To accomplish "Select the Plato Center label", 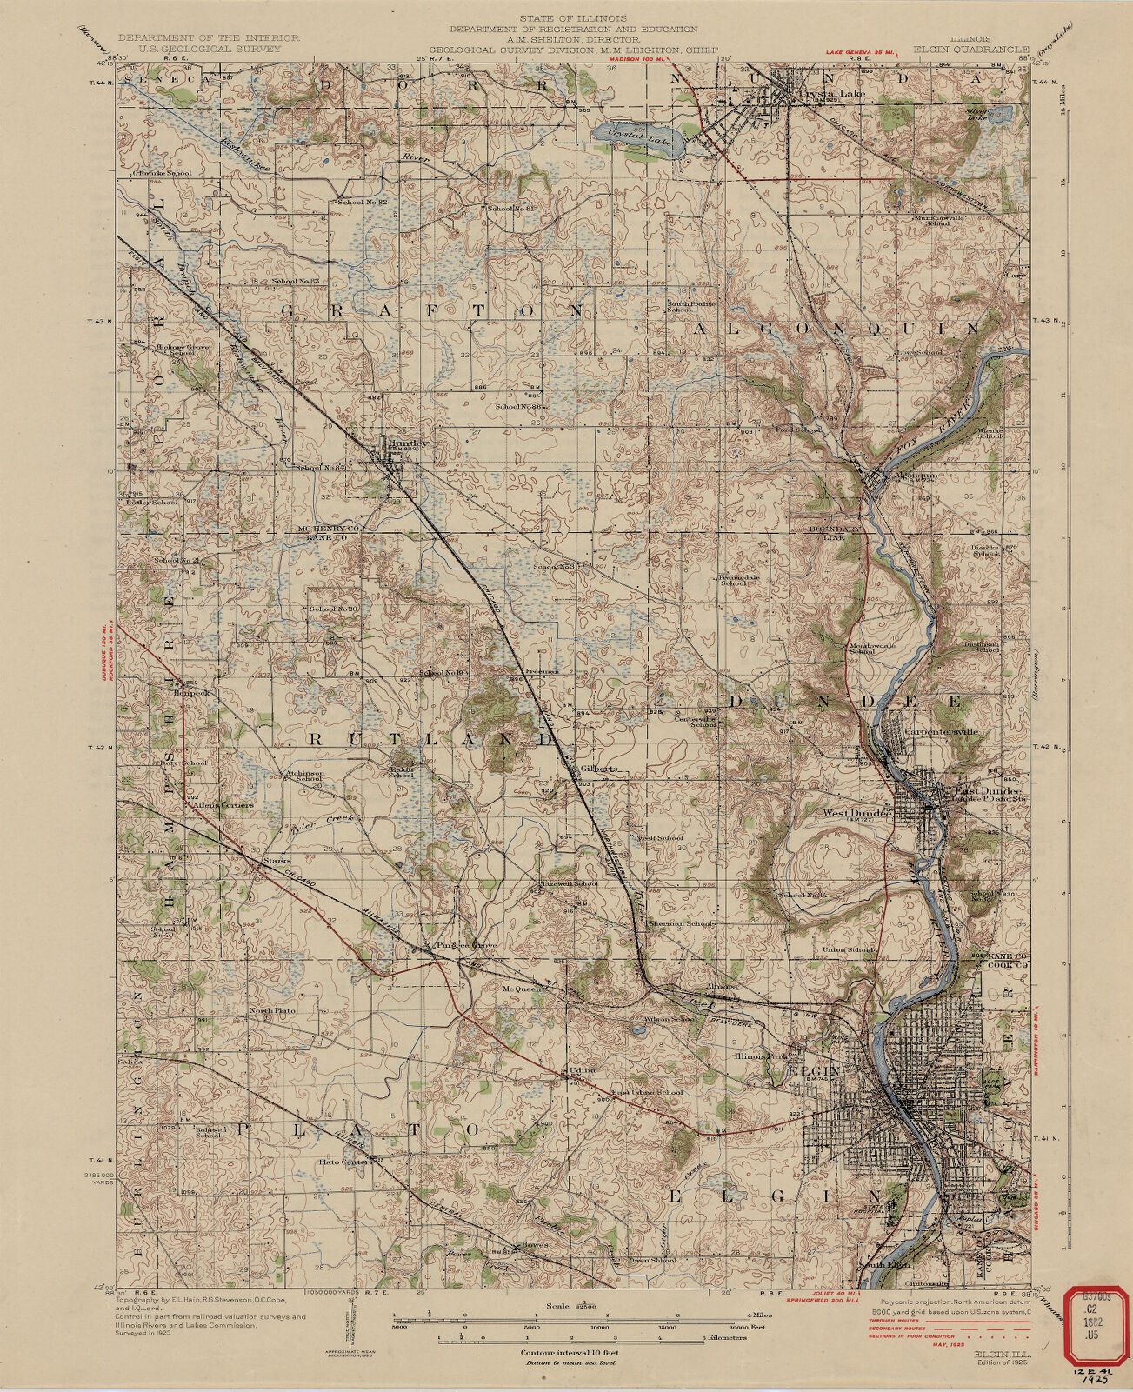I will click(343, 1162).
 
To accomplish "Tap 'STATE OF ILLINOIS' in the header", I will click(566, 17).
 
